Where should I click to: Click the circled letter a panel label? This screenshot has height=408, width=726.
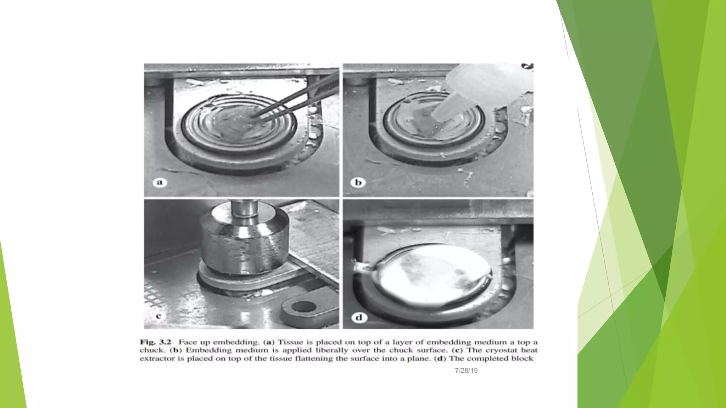click(160, 182)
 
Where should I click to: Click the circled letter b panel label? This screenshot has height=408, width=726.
click(358, 182)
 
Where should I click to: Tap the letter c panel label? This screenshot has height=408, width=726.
click(158, 316)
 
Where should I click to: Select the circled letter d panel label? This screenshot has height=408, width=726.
click(359, 317)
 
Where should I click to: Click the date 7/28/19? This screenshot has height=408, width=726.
click(466, 370)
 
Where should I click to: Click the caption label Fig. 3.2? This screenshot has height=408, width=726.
click(155, 342)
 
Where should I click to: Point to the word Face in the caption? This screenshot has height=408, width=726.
click(188, 342)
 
